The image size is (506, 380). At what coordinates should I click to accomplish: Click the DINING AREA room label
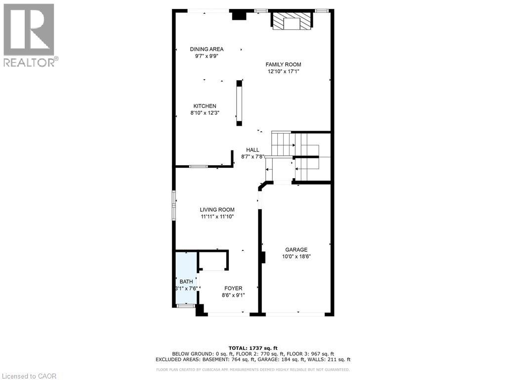pyautogui.click(x=207, y=49)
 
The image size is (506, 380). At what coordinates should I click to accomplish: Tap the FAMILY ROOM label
pyautogui.click(x=283, y=64)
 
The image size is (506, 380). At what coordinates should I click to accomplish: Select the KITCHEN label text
pyautogui.click(x=205, y=106)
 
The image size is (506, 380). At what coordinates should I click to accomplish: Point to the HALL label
pyautogui.click(x=253, y=150)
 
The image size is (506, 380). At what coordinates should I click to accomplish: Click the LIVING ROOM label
pyautogui.click(x=217, y=209)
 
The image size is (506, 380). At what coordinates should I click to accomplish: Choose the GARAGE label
pyautogui.click(x=296, y=250)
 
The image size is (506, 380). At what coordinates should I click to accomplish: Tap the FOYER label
pyautogui.click(x=233, y=288)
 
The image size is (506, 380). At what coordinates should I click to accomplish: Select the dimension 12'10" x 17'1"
pyautogui.click(x=283, y=71)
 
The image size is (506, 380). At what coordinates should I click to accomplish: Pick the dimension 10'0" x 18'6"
pyautogui.click(x=296, y=257)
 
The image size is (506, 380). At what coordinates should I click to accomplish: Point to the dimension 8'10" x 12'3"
pyautogui.click(x=205, y=113)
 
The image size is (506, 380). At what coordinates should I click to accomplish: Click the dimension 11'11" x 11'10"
pyautogui.click(x=217, y=216)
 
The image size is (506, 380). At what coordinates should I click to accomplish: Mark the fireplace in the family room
pyautogui.click(x=292, y=21)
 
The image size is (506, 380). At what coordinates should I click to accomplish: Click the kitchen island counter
pyautogui.click(x=240, y=102)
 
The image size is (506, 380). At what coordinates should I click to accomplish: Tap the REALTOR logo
pyautogui.click(x=29, y=35)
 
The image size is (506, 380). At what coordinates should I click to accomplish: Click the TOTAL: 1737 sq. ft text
pyautogui.click(x=253, y=347)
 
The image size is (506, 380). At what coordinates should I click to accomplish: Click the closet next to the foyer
pyautogui.click(x=213, y=260)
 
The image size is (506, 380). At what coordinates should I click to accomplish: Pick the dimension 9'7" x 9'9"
pyautogui.click(x=207, y=56)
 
